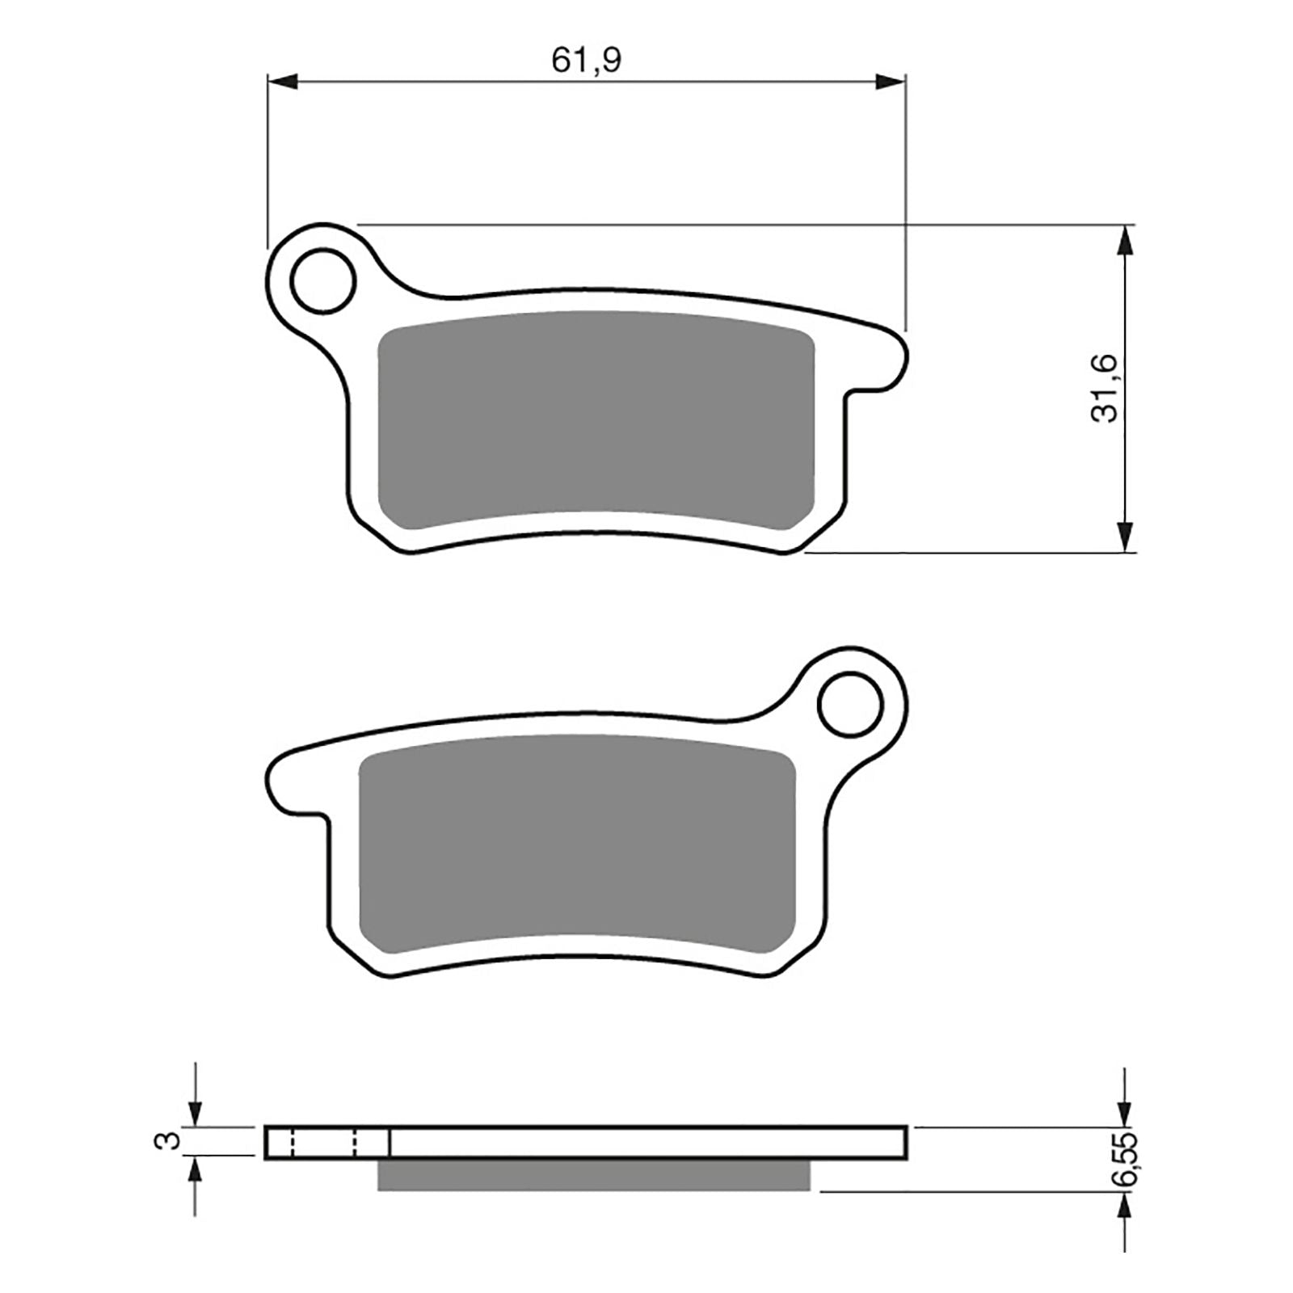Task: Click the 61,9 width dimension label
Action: coord(586,61)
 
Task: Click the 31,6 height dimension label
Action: coord(1105,387)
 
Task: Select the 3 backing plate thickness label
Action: coord(167,1140)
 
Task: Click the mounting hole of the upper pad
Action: coord(323,280)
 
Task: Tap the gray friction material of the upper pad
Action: coord(596,420)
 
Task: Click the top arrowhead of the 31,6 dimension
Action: coord(1124,240)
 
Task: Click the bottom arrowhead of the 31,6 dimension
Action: coord(1124,537)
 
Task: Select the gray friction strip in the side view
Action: coord(593,1176)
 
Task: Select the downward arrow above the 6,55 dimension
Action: coord(1124,1111)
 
